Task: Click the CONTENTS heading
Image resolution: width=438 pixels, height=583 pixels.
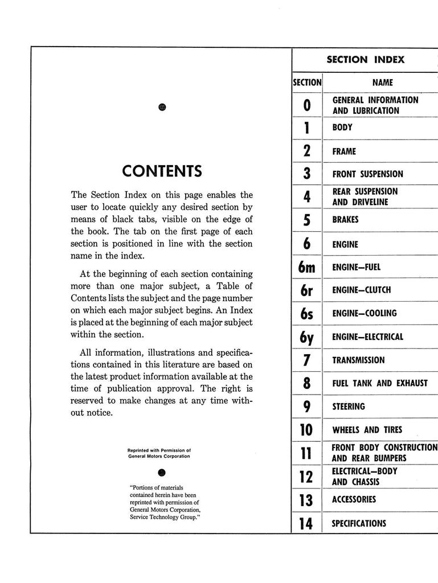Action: pos(162,171)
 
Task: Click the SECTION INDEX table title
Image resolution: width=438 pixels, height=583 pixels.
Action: pos(365,59)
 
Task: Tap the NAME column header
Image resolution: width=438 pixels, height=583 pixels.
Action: pos(382,82)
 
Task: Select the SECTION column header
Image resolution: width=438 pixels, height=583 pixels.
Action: pos(307,82)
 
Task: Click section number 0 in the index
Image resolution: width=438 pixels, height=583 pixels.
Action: pos(307,105)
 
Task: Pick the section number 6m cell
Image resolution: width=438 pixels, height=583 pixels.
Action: pos(307,267)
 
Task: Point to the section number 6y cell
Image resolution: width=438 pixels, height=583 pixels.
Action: pos(307,337)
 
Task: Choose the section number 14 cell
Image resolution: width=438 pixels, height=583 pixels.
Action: pos(307,523)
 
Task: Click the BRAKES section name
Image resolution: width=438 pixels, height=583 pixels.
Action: pos(346,220)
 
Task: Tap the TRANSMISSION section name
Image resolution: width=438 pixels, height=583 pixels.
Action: pos(358,360)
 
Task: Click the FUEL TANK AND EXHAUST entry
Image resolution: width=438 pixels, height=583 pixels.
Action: pos(379,383)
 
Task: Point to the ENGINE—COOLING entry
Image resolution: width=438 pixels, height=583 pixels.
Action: pos(365,313)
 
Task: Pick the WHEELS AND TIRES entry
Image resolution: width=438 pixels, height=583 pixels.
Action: pos(367,430)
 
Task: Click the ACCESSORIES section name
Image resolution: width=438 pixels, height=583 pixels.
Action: pos(354,499)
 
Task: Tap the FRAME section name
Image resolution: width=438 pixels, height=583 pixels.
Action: pos(344,151)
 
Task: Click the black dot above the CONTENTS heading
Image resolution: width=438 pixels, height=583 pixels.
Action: pos(162,108)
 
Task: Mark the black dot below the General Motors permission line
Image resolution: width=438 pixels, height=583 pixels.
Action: pos(162,473)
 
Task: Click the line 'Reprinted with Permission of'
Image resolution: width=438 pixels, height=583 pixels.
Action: pos(159,450)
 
